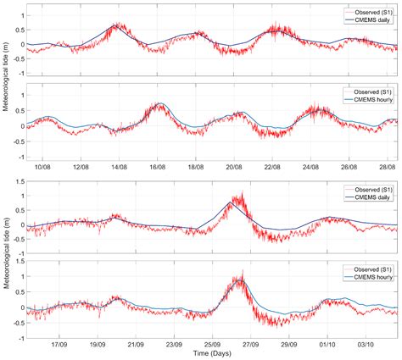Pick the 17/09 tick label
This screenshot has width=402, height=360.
pos(59,346)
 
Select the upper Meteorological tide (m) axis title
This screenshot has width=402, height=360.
pos(7,83)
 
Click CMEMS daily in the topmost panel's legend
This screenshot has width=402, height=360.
pos(368,17)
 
